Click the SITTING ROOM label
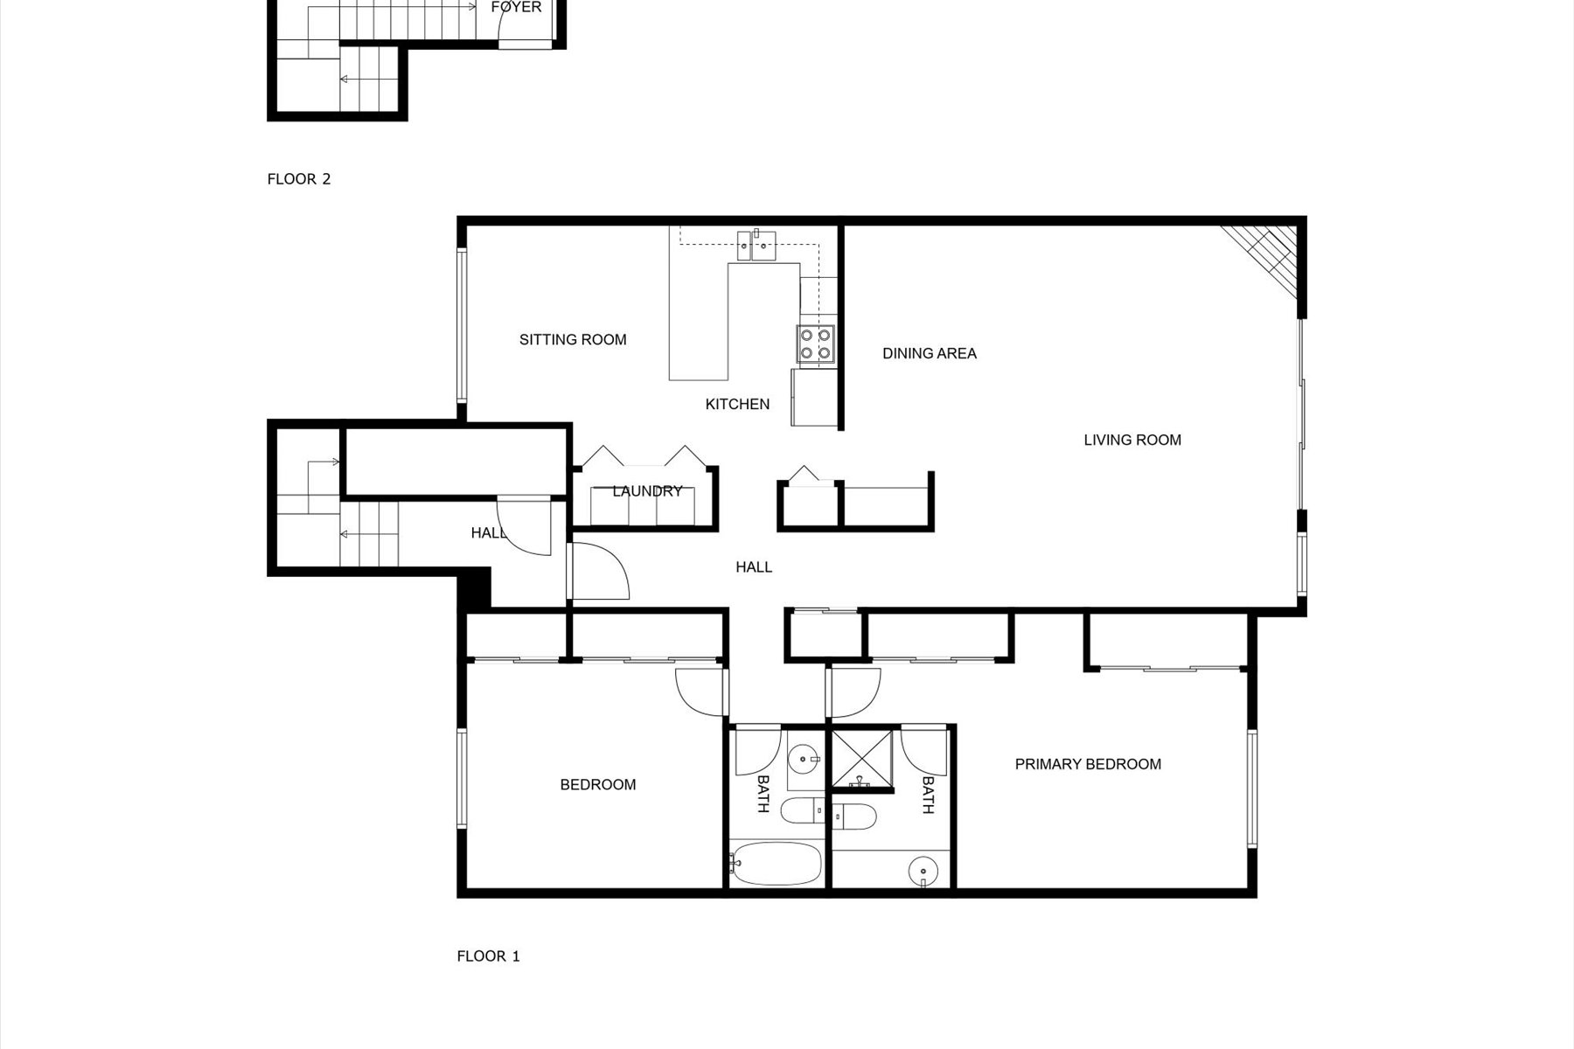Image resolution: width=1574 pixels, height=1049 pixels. tap(573, 340)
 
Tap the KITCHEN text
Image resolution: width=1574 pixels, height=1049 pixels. tap(737, 404)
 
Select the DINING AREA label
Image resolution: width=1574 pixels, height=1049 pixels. tap(929, 353)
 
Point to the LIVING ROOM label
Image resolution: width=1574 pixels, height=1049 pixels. tap(1132, 440)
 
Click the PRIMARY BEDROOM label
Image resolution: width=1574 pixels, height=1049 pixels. tap(1088, 764)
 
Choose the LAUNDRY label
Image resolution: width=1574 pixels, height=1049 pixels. tap(646, 491)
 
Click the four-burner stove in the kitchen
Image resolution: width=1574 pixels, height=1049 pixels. tap(815, 344)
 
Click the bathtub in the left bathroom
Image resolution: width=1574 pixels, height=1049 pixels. tap(777, 864)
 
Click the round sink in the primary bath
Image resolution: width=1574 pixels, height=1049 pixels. tap(923, 872)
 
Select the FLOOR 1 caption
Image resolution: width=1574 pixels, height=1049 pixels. tap(488, 956)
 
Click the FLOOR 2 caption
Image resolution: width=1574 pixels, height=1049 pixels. tap(298, 179)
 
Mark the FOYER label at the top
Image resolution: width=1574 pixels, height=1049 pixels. tap(516, 7)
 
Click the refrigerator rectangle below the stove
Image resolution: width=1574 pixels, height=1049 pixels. tap(814, 397)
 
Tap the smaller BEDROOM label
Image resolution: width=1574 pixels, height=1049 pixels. tap(597, 785)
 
